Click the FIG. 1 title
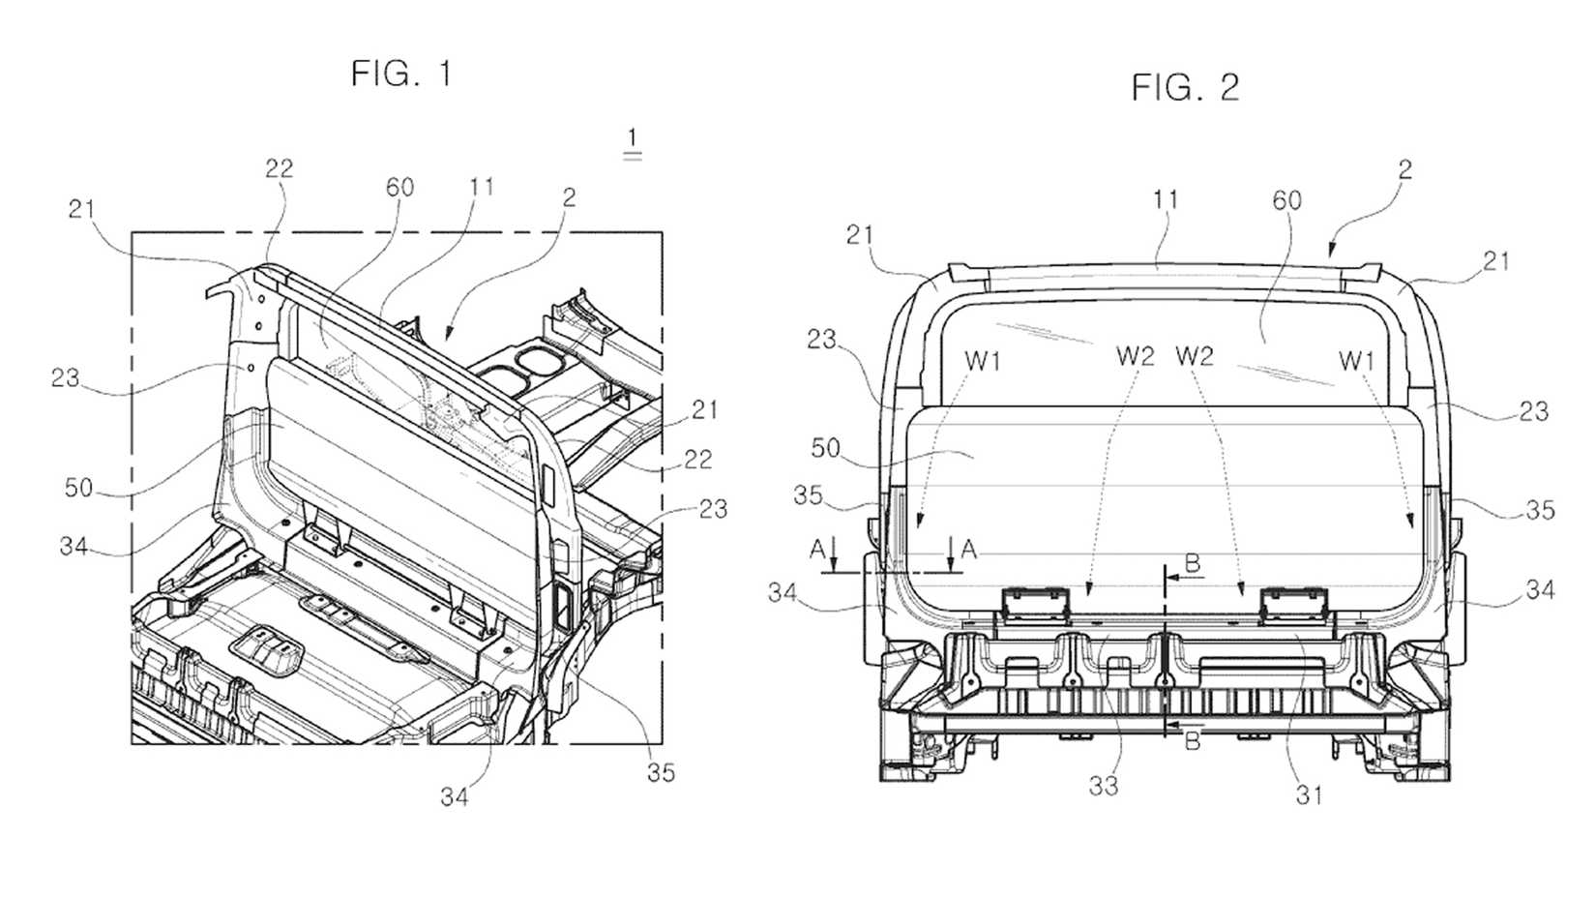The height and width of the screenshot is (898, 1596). click(401, 74)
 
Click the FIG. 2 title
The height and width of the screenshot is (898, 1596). click(1185, 88)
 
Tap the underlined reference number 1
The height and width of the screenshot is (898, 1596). click(632, 141)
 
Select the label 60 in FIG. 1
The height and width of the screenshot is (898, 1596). click(399, 188)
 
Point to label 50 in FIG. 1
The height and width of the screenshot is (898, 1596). click(79, 488)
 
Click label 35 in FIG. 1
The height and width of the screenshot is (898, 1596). click(661, 772)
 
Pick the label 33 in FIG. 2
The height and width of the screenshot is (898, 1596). click(1104, 787)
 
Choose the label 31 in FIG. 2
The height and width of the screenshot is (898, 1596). click(1309, 795)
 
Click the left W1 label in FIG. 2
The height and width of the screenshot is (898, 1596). click(983, 361)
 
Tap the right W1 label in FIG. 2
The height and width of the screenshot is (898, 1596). click(1357, 361)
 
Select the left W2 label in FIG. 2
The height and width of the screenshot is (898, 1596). click(1136, 356)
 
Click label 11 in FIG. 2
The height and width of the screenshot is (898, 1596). click(1166, 200)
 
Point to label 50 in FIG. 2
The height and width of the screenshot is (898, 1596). click(825, 449)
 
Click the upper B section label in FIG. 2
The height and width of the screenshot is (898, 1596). click(1192, 564)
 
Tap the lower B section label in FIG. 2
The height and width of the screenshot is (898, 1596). click(1192, 741)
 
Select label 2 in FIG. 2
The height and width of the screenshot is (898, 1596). click(1404, 170)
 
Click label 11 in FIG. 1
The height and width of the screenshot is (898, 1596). click(481, 188)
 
